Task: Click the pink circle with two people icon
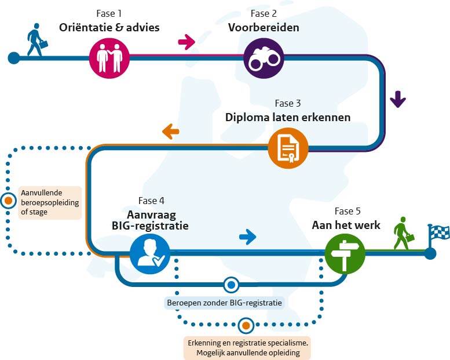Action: point(109,58)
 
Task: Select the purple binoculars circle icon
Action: point(263,58)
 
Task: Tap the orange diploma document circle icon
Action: point(288,149)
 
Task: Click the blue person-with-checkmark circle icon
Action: point(150,253)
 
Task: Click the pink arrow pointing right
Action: point(186,41)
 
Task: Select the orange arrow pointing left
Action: point(170,132)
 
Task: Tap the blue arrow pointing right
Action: point(247,236)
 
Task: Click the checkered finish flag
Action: point(438,234)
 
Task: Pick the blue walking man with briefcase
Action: point(36,41)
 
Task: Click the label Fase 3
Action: point(288,104)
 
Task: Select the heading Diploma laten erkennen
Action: point(288,117)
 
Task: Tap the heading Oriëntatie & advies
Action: point(109,27)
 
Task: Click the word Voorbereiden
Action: point(263,27)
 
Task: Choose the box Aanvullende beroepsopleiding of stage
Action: point(50,202)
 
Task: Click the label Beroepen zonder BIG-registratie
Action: point(224,302)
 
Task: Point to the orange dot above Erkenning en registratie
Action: point(246,325)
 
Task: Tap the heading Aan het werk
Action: point(346,225)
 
